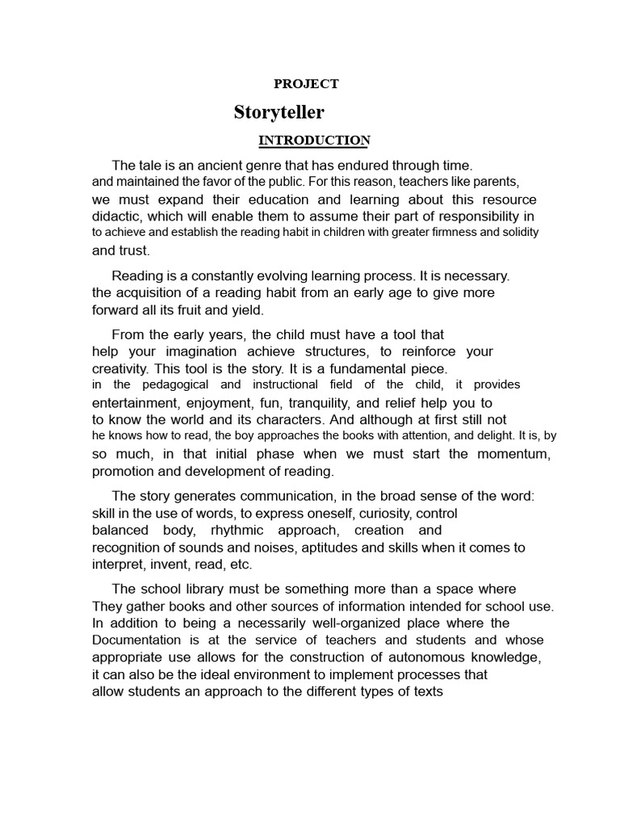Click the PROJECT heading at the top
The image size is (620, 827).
tap(306, 83)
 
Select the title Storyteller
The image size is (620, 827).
tap(279, 111)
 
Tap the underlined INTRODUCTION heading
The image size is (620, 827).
tap(314, 141)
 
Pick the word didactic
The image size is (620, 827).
tap(118, 216)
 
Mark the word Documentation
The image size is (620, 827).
tap(140, 640)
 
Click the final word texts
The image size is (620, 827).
tap(427, 691)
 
